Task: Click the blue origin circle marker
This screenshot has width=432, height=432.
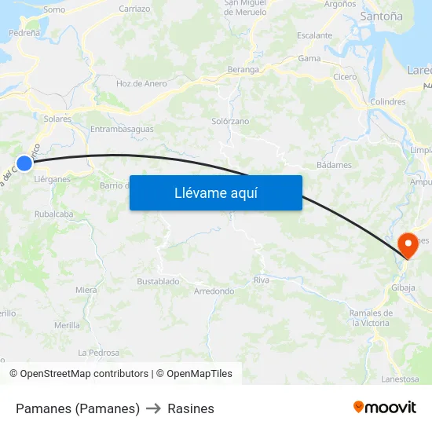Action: point(24,163)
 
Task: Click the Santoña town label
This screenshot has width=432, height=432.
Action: point(381,16)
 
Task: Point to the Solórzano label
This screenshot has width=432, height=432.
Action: point(230,122)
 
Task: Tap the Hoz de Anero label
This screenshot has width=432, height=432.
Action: point(141,83)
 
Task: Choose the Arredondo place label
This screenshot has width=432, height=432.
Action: point(214,291)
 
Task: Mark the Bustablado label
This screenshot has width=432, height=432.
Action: point(158,281)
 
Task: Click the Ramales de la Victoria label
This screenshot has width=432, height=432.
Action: point(369,318)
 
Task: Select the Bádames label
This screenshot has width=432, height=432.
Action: point(334,166)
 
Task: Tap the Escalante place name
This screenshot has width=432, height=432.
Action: point(314,35)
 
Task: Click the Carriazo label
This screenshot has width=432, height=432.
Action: point(134,9)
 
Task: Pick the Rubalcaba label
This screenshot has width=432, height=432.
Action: point(54,214)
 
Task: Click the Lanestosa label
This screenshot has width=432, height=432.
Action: point(401,379)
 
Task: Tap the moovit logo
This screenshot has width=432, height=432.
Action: point(385,407)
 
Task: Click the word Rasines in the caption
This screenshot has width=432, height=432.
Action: point(191,408)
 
